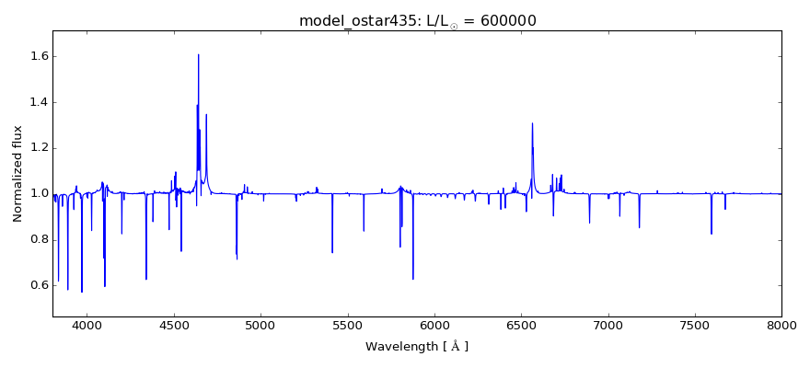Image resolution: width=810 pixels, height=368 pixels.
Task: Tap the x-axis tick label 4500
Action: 174,326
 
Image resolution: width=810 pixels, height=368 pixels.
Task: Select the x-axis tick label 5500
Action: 347,326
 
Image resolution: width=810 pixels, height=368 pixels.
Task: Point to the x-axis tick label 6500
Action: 521,326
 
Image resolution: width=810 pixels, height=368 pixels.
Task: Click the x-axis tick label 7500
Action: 695,326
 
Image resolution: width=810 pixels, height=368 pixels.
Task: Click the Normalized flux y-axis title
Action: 17,174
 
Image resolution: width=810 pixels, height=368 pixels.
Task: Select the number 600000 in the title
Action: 506,21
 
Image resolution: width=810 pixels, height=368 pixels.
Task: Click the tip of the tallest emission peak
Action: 198,54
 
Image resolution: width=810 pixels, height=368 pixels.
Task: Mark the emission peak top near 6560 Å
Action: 532,123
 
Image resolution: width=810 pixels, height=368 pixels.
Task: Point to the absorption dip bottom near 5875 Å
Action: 412,279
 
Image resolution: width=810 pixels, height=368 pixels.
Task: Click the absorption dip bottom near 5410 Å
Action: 332,252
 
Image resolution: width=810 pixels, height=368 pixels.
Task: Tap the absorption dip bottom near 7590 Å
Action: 711,234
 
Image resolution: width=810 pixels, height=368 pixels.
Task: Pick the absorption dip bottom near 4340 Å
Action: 145,279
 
